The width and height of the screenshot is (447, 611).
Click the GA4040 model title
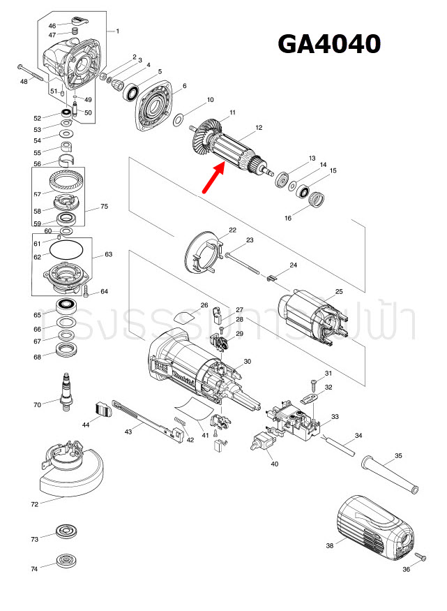coord(329,43)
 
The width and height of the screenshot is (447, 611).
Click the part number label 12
coord(259,128)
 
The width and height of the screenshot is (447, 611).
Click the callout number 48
coord(24,82)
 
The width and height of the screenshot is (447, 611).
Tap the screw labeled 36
coord(421,557)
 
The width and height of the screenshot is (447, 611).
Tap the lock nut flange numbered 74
coord(68,561)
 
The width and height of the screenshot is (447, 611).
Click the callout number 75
coord(104,207)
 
